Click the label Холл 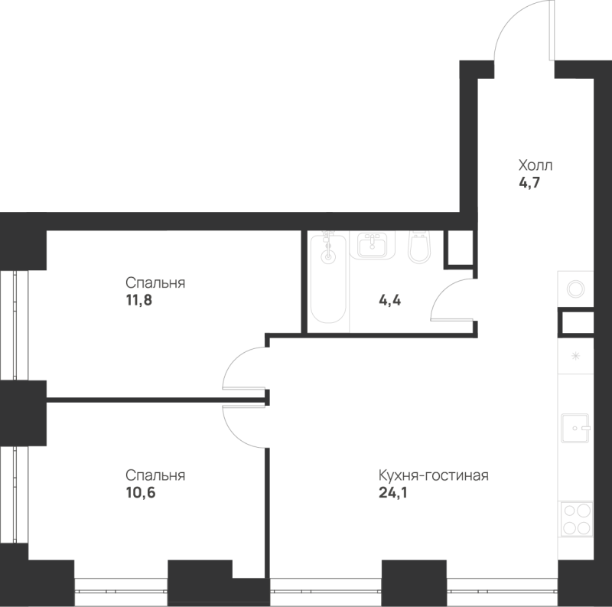[x=535, y=165]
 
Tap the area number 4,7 [x=529, y=182]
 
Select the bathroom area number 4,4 [x=389, y=300]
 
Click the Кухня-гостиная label [x=434, y=475]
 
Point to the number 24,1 [x=392, y=492]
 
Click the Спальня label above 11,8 [x=155, y=282]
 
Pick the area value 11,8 [x=138, y=300]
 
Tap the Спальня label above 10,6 [x=155, y=475]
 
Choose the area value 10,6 [x=141, y=492]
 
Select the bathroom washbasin [x=373, y=245]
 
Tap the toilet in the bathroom [x=419, y=248]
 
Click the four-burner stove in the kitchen [x=576, y=519]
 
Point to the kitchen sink [x=575, y=428]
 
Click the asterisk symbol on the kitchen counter [x=575, y=356]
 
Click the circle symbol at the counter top [x=576, y=289]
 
